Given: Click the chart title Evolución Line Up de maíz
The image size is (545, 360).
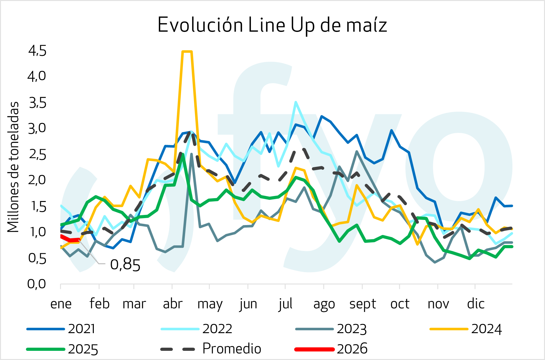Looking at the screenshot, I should point(272,25).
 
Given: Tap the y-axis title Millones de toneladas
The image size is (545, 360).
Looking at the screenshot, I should point(13,167).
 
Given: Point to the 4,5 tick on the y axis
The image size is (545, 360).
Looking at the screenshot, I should point(37,51).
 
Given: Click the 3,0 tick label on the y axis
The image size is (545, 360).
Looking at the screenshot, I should point(37,128).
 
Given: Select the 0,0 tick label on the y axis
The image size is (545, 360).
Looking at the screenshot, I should point(37,284).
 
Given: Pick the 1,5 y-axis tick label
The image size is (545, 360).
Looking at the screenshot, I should point(37,206).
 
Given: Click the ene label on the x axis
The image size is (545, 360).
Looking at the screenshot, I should point(61,304).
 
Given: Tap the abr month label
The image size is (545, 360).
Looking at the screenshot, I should point(173,304).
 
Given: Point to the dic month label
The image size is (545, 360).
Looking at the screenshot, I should point(475,304).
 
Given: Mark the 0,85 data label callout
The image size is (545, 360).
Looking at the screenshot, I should point(125,265).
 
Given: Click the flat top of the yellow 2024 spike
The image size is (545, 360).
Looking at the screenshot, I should point(187,52).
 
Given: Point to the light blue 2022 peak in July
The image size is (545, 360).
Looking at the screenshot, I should point(295,102).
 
